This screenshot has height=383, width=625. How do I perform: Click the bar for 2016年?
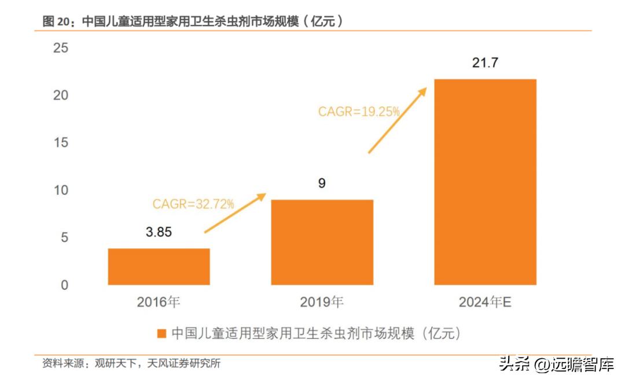pos(159,266)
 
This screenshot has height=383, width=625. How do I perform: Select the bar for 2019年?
pos(322,242)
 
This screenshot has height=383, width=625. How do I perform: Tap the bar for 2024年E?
pos(485,182)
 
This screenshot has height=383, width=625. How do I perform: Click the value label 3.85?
pos(159,232)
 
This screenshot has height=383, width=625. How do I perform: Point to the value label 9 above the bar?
pos(322,183)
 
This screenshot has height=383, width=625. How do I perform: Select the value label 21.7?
pos(485,63)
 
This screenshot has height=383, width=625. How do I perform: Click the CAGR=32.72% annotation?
pos(193,204)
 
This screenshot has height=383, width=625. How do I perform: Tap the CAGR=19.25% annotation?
pos(359,112)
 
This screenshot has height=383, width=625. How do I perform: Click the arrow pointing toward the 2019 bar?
pos(235,213)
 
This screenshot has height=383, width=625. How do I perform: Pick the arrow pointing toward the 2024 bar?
pos(398,120)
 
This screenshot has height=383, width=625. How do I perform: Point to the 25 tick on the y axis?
pos(60,48)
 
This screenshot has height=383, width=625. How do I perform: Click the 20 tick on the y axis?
pos(60,95)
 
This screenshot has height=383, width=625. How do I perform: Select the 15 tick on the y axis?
pos(60,143)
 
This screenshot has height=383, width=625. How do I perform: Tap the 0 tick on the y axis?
pos(64,285)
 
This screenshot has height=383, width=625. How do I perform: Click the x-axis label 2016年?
pos(159,302)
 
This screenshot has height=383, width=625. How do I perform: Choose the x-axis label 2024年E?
pos(485,302)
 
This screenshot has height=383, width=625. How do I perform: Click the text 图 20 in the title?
pos(57,21)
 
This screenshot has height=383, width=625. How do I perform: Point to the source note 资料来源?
pos(64,363)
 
